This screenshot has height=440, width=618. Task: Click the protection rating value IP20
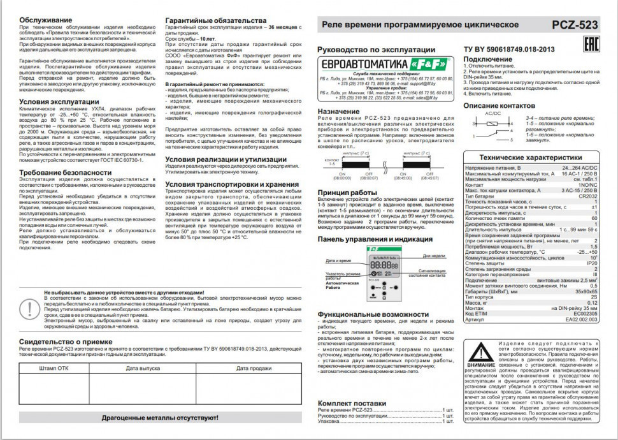[x=591, y=262]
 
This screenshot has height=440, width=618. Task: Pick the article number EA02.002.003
[x=580, y=319]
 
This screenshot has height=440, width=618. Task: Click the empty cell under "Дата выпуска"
[x=143, y=389]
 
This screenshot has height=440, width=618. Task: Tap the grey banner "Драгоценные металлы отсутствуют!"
[x=160, y=418]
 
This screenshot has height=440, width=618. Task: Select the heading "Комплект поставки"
[x=352, y=404]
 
